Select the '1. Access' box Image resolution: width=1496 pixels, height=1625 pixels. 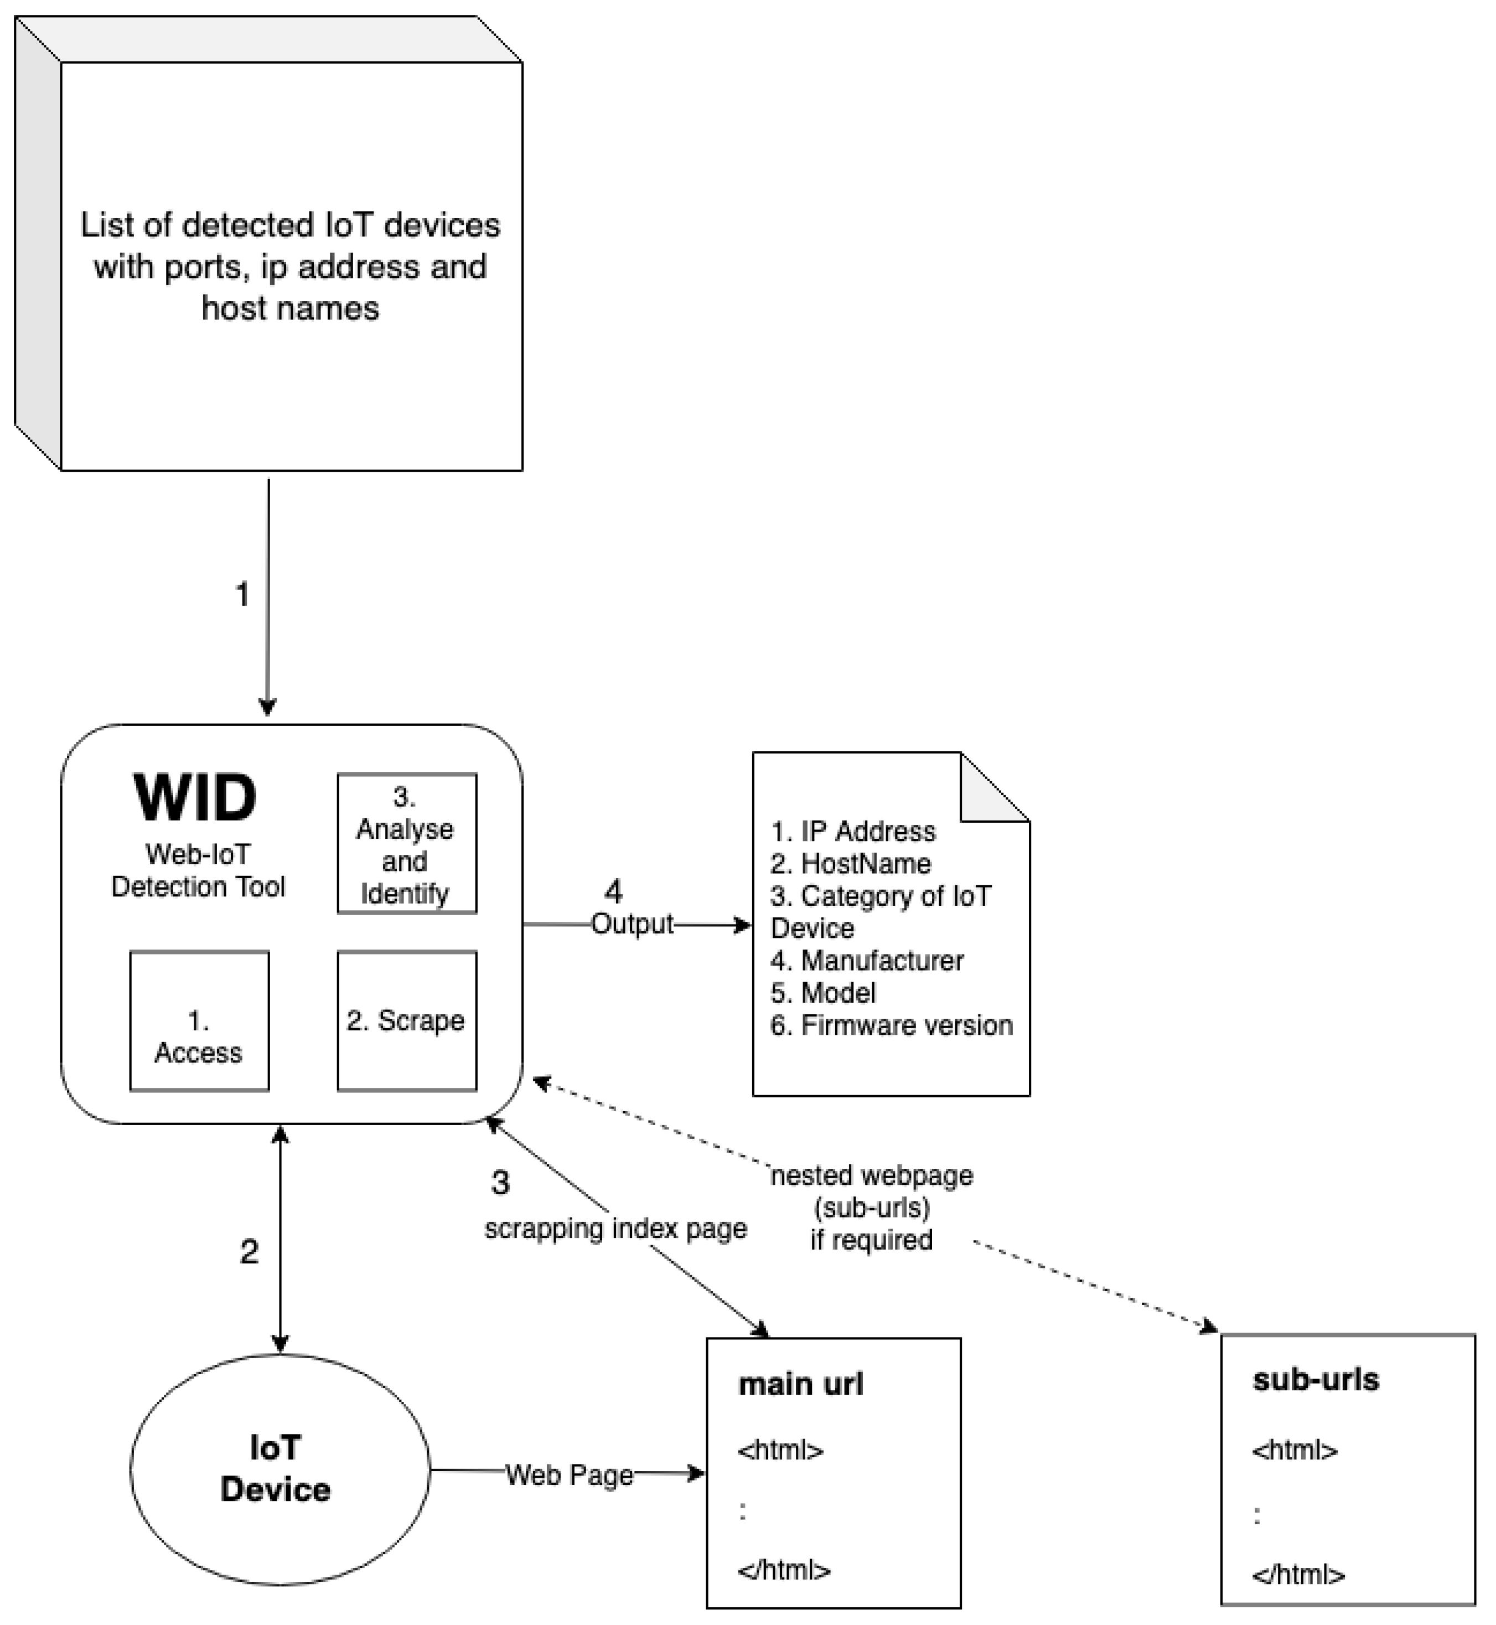pos(199,1021)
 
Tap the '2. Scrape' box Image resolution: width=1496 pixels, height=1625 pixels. pos(406,1020)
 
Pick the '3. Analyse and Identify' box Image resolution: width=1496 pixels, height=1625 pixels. pos(406,844)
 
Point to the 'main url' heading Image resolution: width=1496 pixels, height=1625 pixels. pos(801,1385)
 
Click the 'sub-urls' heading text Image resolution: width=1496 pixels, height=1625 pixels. pos(1316,1380)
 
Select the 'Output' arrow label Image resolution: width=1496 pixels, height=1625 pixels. pos(632,924)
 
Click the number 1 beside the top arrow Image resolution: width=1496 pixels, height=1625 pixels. pos(242,594)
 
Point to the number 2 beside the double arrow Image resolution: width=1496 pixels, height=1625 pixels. pos(249,1252)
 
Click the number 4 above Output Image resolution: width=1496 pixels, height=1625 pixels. pos(614,891)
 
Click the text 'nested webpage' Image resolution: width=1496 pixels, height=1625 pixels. pos(872,1175)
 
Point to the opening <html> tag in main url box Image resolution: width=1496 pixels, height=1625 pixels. pos(780,1449)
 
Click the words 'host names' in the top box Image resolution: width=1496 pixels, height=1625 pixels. pos(290,308)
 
